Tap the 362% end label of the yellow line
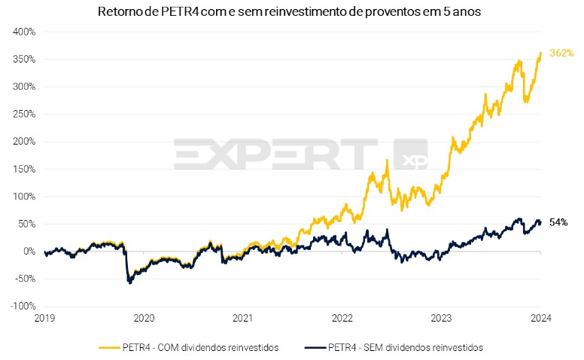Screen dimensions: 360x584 (x=561, y=53)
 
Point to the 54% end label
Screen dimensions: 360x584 (x=558, y=222)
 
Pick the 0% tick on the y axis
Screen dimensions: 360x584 (x=29, y=252)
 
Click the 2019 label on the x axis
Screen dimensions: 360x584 (x=44, y=318)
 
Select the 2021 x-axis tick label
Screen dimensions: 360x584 (x=243, y=318)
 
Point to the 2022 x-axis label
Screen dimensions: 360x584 (x=342, y=318)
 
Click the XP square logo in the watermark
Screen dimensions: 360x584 (x=410, y=156)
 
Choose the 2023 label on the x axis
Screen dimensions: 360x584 (x=442, y=318)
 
